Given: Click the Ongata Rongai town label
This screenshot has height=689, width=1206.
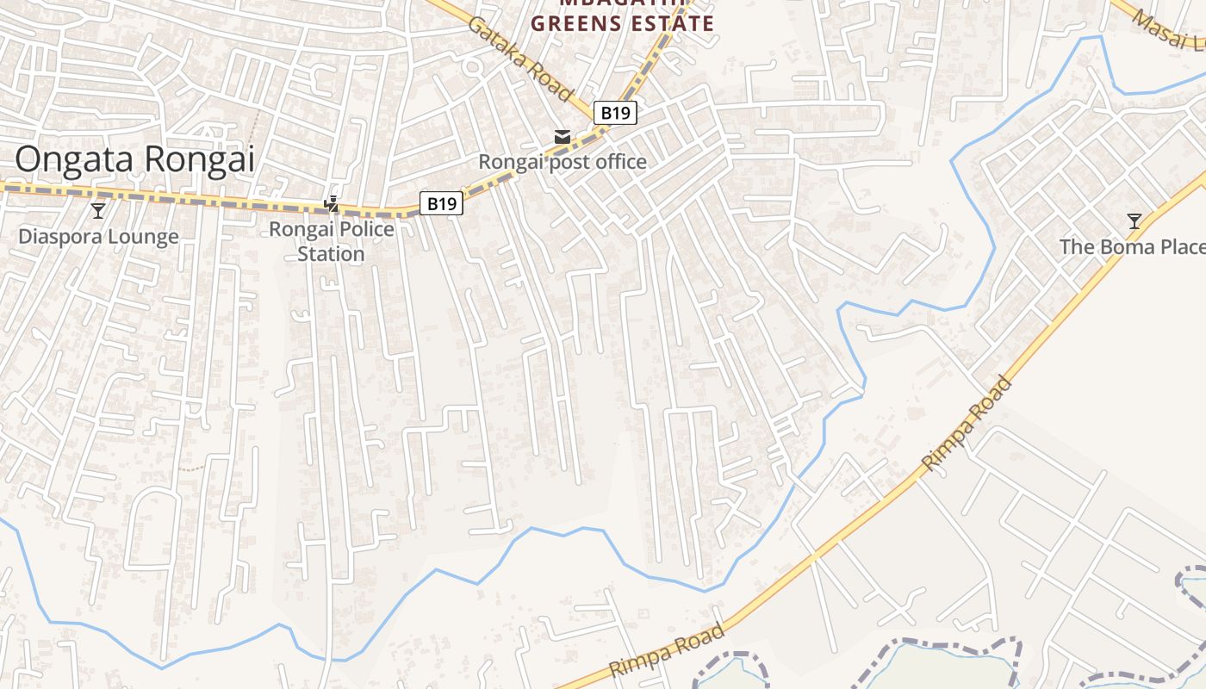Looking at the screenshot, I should [x=135, y=159].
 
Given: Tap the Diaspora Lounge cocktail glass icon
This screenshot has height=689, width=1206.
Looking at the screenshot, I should [x=98, y=210].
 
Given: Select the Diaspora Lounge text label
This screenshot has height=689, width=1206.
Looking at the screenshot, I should [x=99, y=237].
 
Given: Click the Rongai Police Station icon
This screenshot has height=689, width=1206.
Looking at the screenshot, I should [x=332, y=204].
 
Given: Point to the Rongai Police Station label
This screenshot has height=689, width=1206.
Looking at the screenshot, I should [x=332, y=241].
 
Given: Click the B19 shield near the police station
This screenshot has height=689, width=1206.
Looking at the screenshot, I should [x=442, y=203].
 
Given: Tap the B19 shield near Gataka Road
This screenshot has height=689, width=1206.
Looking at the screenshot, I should [x=615, y=112].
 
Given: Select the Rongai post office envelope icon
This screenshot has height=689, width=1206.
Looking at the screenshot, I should [x=563, y=137].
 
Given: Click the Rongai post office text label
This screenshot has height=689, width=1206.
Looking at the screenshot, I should [x=563, y=162].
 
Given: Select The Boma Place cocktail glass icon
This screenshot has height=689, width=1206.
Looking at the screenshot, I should [x=1135, y=221].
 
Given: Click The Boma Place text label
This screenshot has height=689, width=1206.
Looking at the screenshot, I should [x=1132, y=247].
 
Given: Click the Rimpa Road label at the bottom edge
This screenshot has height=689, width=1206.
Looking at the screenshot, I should [x=666, y=651].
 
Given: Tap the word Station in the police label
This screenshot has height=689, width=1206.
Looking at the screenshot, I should [x=332, y=254].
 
